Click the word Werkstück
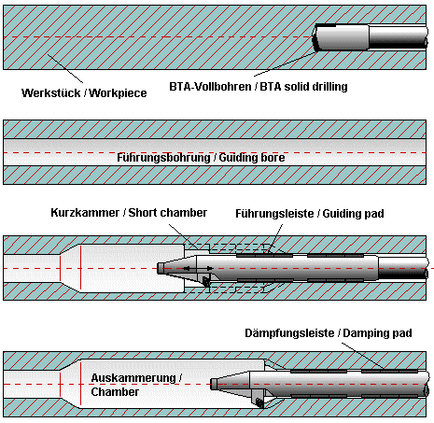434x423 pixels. [x=50, y=93]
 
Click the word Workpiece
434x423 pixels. [x=118, y=93]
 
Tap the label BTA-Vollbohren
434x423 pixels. [x=210, y=87]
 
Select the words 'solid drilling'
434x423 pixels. [x=315, y=87]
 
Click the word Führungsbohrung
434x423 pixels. [x=163, y=158]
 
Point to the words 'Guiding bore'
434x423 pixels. [x=252, y=158]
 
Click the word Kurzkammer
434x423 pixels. [x=85, y=213]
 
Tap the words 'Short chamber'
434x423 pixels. [x=168, y=213]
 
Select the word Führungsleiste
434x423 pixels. [x=274, y=214]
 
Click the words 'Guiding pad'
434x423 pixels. [x=353, y=214]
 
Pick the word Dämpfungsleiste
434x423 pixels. [x=289, y=333]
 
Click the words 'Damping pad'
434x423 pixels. [x=377, y=333]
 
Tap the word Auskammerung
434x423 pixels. [x=134, y=378]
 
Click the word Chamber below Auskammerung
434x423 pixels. [x=115, y=392]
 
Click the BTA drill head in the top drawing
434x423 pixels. [x=341, y=37]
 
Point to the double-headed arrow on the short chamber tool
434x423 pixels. [x=198, y=268]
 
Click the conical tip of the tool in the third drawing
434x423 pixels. [x=176, y=268]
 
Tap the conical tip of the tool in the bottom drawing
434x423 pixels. [x=230, y=384]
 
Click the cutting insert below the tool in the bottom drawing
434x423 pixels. [x=259, y=403]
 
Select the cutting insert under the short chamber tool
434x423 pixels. [x=205, y=281]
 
